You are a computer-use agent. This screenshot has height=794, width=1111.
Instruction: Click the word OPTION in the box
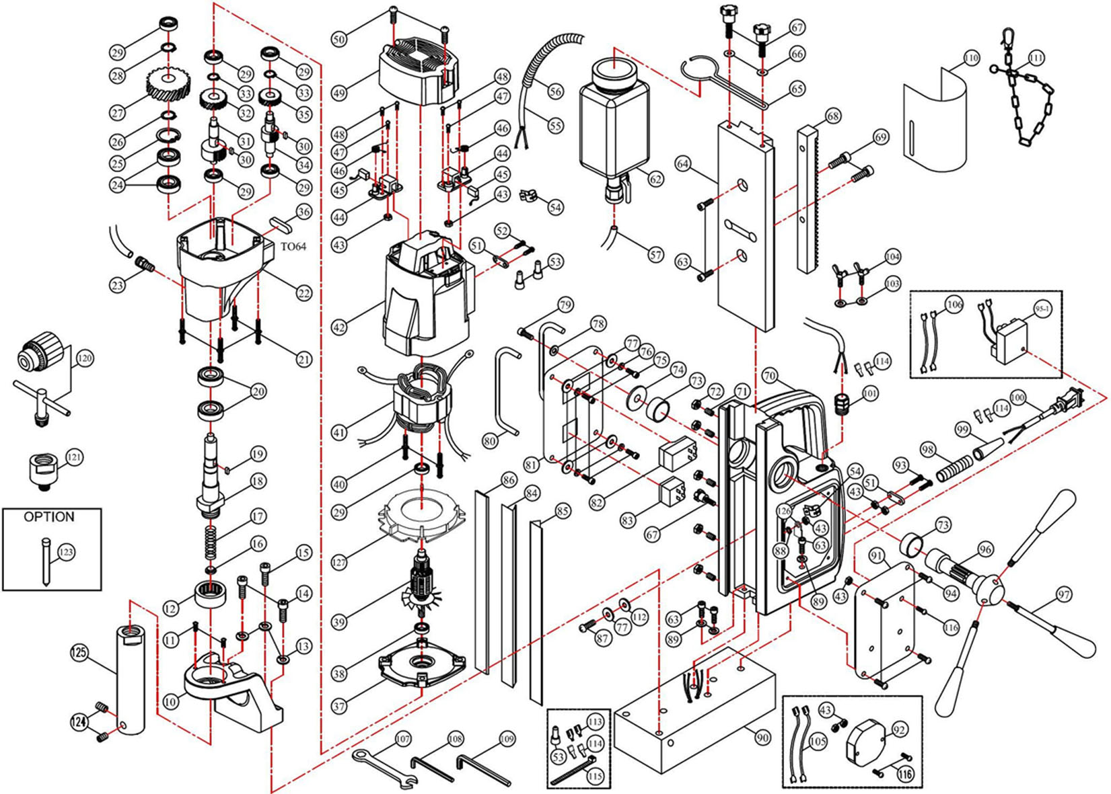coord(49,518)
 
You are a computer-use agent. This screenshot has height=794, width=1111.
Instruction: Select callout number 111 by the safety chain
coord(1036,58)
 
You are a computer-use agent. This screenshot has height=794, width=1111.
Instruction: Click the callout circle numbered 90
coord(761,738)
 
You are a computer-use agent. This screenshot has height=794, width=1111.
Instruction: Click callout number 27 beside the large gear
coord(118,112)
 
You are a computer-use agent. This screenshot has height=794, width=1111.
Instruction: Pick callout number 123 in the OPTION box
coord(65,553)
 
